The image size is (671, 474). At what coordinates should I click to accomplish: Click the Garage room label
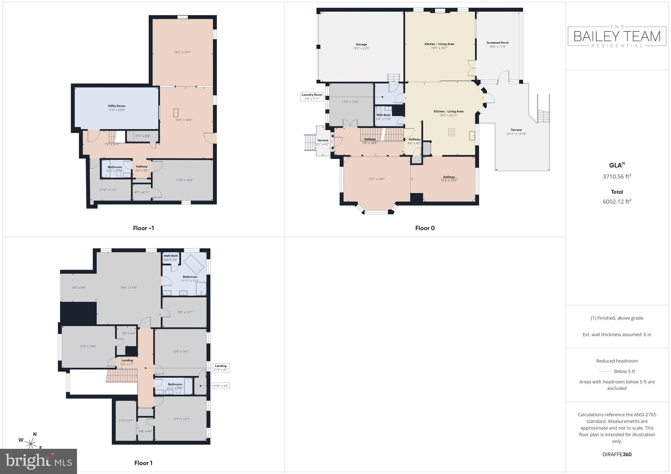point(361,46)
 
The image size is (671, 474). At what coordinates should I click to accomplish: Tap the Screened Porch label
point(497,45)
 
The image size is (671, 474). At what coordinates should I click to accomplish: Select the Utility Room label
point(116,108)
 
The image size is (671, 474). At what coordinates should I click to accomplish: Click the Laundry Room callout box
point(312,97)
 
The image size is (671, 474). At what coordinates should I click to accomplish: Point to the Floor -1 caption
point(143,228)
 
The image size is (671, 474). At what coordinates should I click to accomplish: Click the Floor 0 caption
point(425,228)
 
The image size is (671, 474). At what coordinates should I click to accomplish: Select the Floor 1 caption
point(143,463)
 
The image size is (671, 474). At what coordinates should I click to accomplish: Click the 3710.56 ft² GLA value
point(617,176)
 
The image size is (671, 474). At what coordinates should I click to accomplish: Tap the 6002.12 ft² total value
point(617,201)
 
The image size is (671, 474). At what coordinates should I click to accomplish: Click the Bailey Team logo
point(617,36)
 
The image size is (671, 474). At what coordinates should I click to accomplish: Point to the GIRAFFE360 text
point(617,454)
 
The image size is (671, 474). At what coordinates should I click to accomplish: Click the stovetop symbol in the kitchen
point(451,132)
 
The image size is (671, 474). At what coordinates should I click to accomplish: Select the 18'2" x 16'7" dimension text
point(182,52)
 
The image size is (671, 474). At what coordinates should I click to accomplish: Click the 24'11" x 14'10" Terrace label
point(516,132)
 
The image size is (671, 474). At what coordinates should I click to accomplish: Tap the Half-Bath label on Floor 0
point(383,117)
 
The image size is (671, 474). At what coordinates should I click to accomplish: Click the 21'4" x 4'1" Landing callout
point(220,368)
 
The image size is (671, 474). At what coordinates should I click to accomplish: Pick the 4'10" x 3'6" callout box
point(221,386)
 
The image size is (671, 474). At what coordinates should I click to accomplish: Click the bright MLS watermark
point(39,461)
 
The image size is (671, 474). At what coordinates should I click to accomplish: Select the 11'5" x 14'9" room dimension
point(87,346)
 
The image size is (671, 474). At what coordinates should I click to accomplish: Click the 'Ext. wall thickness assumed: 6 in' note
point(617,335)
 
